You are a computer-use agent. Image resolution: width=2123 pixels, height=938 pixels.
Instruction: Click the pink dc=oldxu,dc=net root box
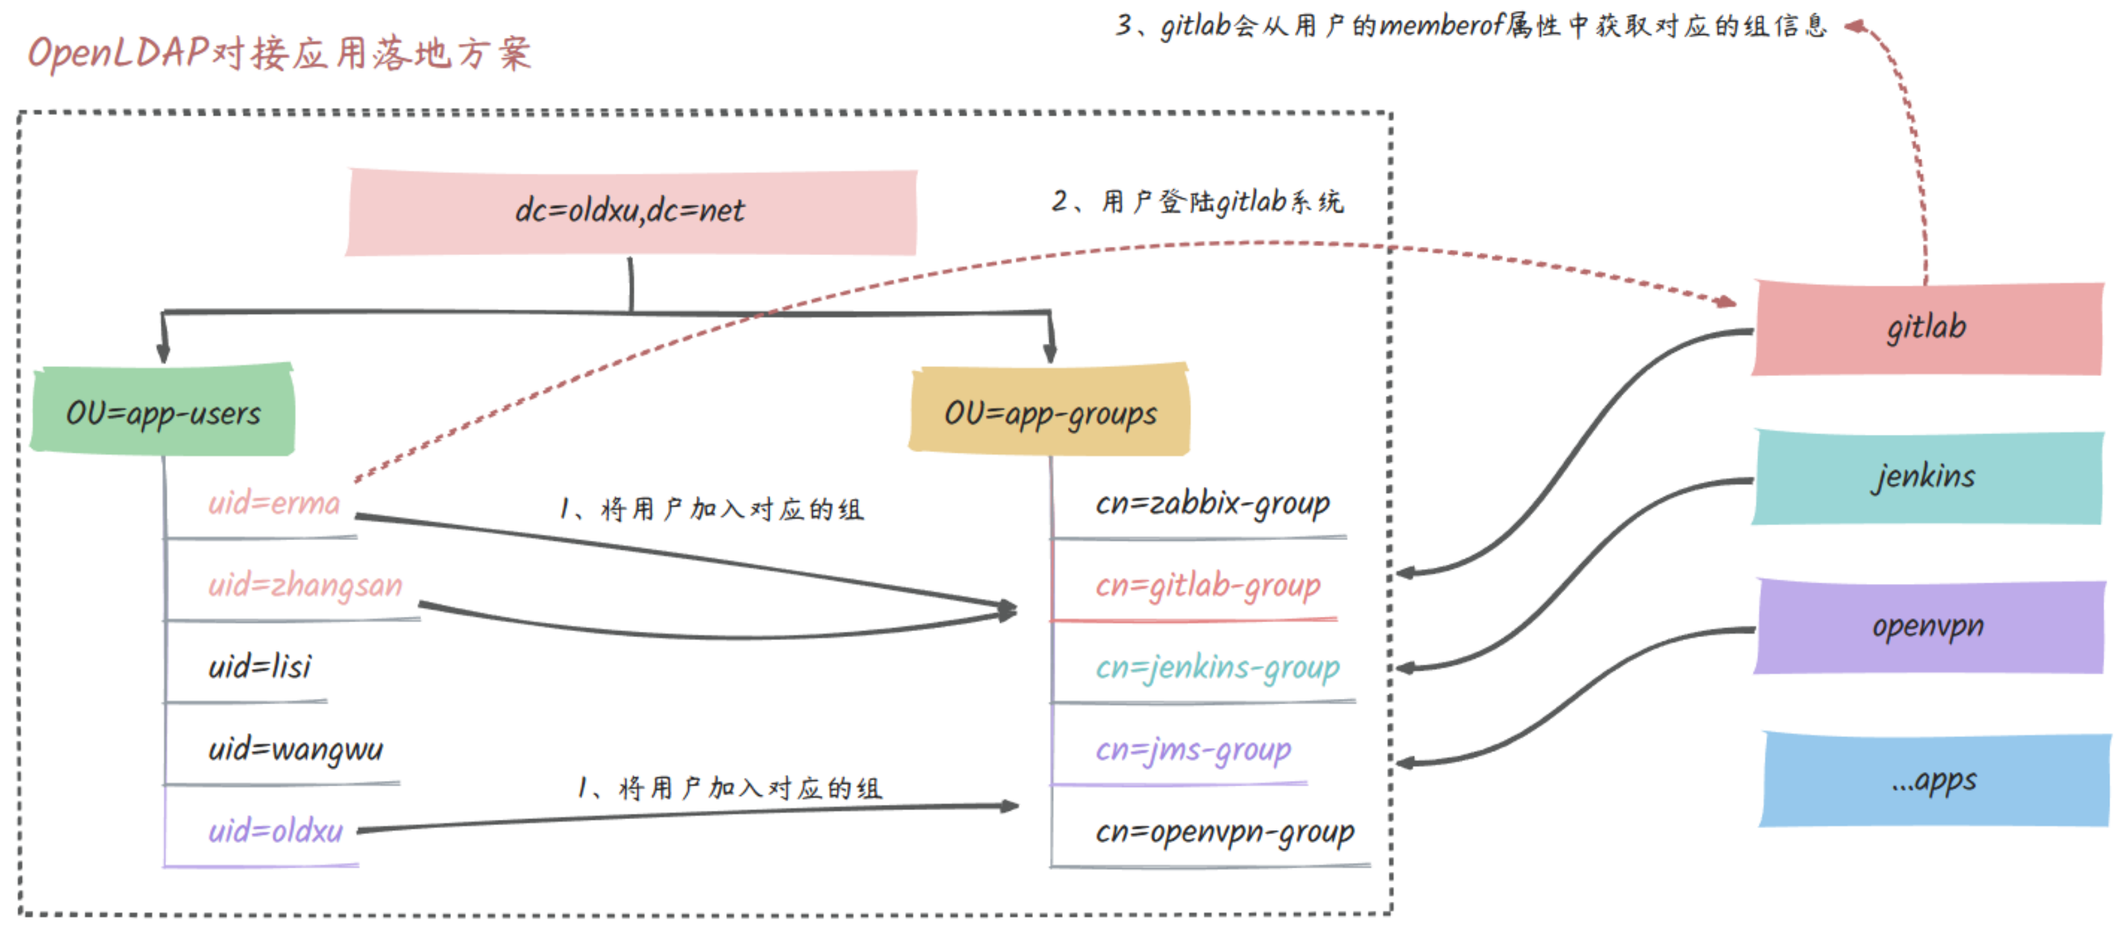coord(631,212)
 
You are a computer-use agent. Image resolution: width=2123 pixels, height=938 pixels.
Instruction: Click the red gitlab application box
coord(1926,328)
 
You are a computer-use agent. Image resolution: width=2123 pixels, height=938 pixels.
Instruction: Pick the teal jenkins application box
coord(1926,477)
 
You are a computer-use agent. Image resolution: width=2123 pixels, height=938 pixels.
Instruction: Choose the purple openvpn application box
coord(1928,627)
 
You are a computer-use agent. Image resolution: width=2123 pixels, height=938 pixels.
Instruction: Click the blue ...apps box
coord(1934,780)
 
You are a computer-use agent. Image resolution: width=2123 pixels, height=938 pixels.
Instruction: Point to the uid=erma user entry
coord(274,503)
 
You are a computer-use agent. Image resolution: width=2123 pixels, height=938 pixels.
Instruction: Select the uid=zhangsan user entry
coord(305,585)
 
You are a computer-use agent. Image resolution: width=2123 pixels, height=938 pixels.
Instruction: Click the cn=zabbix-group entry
coord(1212,503)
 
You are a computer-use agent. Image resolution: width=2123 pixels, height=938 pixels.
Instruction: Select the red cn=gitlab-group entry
coord(1208,585)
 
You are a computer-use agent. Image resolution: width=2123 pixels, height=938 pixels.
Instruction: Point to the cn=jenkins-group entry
coord(1217,667)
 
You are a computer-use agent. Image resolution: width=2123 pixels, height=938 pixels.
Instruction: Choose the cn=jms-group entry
coord(1193,749)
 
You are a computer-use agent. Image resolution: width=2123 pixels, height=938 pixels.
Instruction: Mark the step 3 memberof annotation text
coord(1471,26)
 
